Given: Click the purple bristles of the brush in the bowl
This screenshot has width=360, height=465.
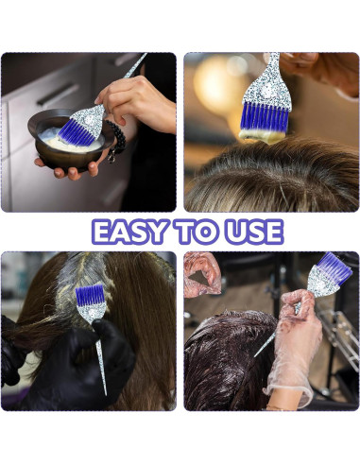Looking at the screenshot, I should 79,132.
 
